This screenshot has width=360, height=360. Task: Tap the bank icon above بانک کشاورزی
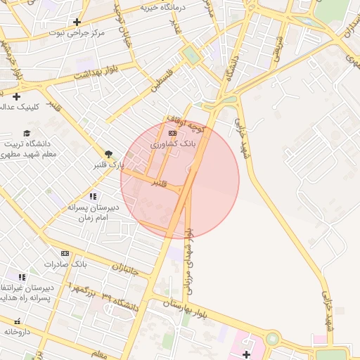[x=172, y=132]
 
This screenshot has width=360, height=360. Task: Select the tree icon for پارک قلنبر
[x=108, y=154]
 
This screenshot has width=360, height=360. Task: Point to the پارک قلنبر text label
[x=108, y=165]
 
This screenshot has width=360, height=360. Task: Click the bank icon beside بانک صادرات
[x=65, y=253]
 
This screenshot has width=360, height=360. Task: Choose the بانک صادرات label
[x=65, y=264]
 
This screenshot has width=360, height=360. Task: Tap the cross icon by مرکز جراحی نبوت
[x=76, y=22]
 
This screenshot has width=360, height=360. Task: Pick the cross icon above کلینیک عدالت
[x=16, y=96]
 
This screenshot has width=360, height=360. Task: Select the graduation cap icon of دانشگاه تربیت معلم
[x=27, y=133]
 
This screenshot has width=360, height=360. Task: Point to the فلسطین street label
[x=162, y=83]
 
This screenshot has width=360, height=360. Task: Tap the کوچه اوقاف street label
[x=186, y=124]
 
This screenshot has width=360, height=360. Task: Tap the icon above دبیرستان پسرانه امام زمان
[x=93, y=196]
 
